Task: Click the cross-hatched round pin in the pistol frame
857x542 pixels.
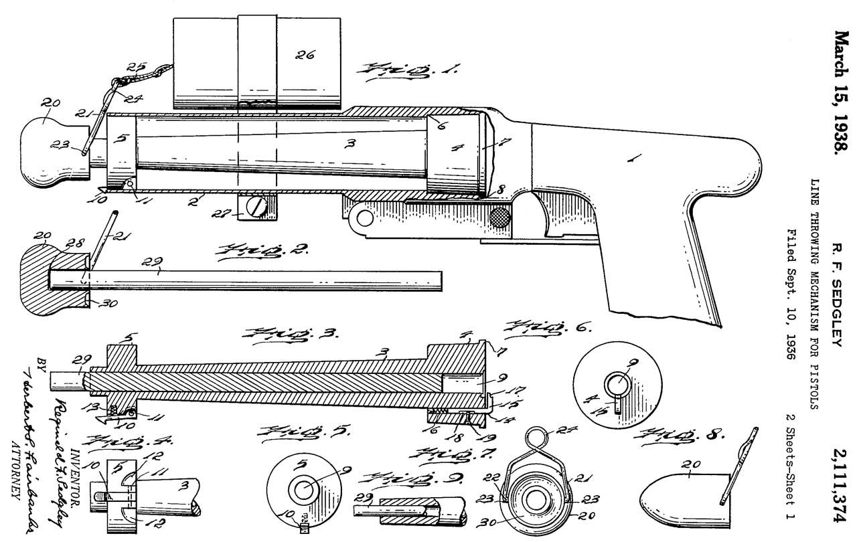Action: click(500, 217)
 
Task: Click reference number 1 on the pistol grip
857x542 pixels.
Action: click(633, 159)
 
